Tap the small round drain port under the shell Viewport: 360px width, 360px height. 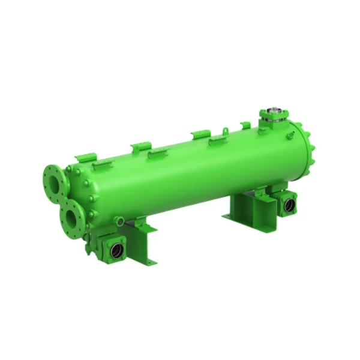(x=121, y=222)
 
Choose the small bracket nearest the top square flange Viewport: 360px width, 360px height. (x=245, y=125)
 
